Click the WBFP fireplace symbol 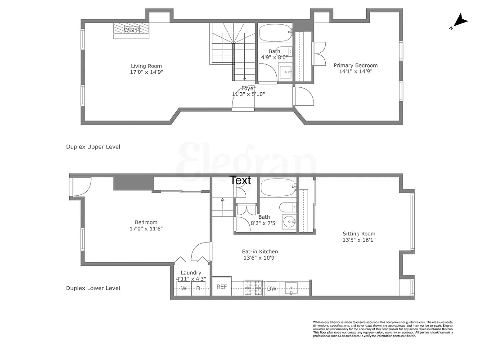[x=131, y=30]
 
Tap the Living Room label [x=146, y=66]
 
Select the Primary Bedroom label [x=355, y=65]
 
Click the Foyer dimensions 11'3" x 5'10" [x=248, y=94]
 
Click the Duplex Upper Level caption [x=93, y=147]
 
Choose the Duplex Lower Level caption [x=93, y=288]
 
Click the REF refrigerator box [x=222, y=287]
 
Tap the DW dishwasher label [x=272, y=288]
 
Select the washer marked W [x=184, y=288]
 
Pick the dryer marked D [x=198, y=288]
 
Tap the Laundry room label [x=191, y=273]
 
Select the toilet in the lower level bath [x=288, y=207]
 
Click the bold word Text [x=240, y=180]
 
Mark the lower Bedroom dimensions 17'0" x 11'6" [x=146, y=229]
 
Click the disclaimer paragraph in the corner [x=383, y=329]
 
